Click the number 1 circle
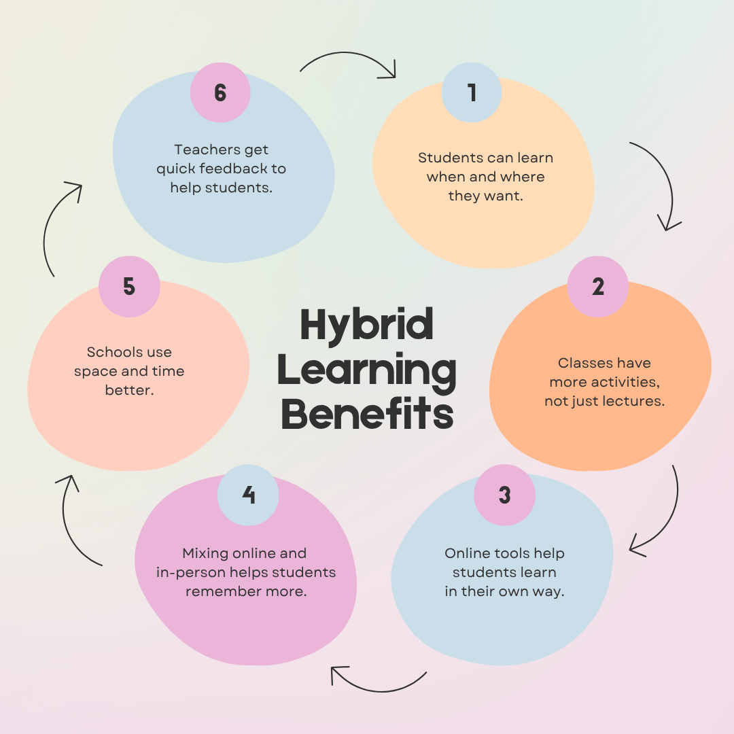coord(472,92)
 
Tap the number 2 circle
coord(598,286)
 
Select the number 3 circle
coord(504,495)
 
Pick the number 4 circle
coord(248,495)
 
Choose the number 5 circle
coord(129,286)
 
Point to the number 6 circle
coord(220,92)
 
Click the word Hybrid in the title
coord(366,325)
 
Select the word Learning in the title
coord(367,370)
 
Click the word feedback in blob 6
coord(241,169)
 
